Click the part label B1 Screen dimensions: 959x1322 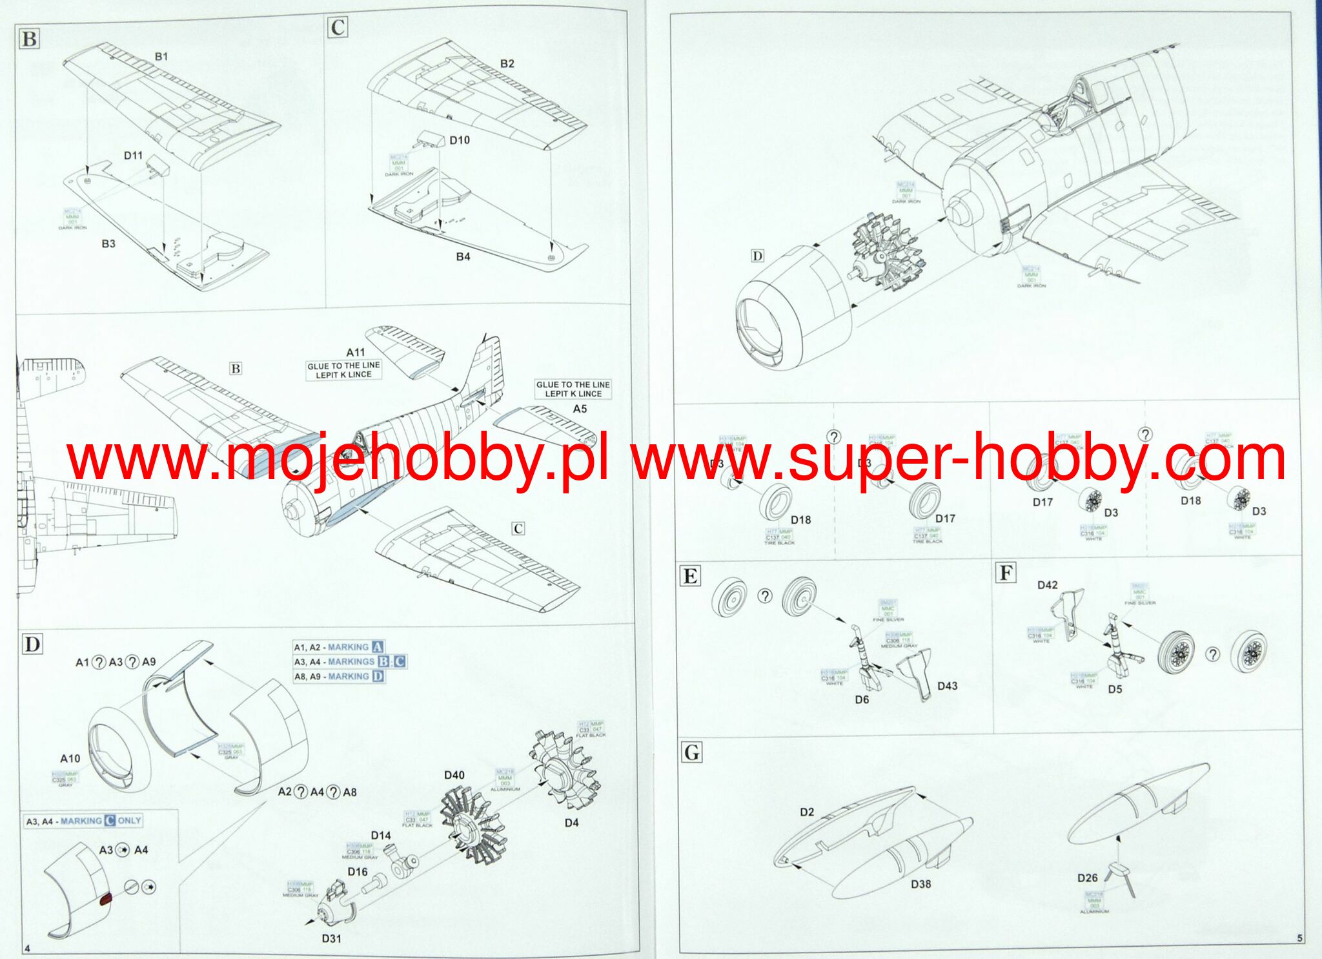161,57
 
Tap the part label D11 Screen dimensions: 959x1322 133,156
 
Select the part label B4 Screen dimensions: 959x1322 463,256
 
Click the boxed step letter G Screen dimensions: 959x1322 691,752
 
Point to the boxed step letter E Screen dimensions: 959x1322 690,576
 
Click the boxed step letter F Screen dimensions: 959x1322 1006,573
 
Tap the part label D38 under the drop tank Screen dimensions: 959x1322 920,884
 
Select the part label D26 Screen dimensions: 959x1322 1087,878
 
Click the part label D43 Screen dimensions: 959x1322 947,686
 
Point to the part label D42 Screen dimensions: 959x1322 1047,585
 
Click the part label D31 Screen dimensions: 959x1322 331,938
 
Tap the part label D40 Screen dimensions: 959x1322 454,775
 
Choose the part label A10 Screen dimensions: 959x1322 70,759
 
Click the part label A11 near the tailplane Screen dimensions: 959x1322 355,353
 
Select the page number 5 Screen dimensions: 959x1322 1299,938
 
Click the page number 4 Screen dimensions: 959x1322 27,948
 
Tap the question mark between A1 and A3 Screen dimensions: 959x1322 99,662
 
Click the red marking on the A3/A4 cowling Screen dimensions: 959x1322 106,900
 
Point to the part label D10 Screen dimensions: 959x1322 459,140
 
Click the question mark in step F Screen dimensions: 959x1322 1213,654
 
